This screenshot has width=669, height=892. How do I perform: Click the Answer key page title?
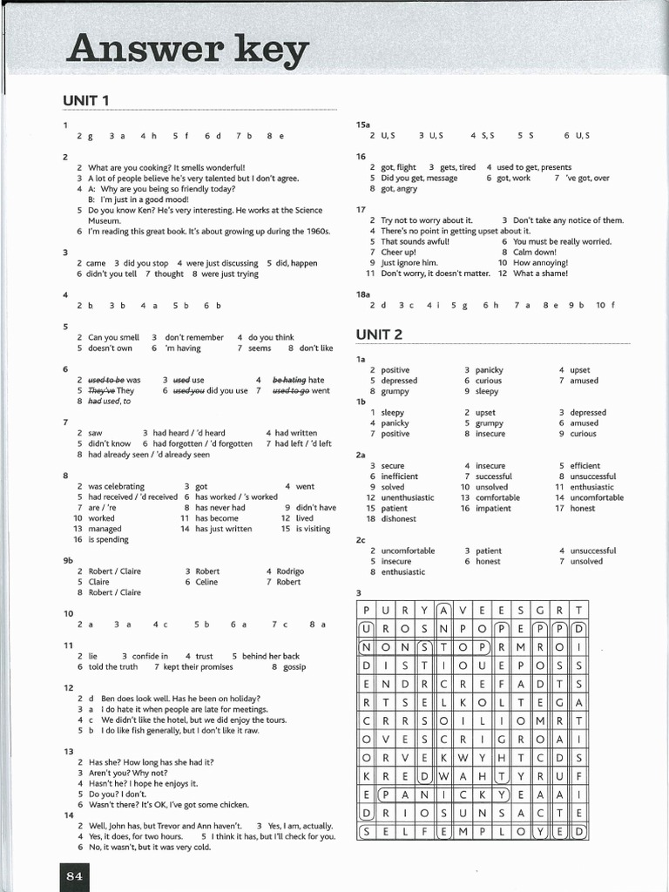pyautogui.click(x=186, y=51)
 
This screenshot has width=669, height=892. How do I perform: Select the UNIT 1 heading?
pyautogui.click(x=85, y=101)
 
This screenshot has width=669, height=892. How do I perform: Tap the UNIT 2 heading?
pyautogui.click(x=379, y=334)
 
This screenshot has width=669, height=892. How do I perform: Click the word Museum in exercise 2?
pyautogui.click(x=105, y=221)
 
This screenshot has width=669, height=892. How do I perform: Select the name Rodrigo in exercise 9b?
pyautogui.click(x=290, y=571)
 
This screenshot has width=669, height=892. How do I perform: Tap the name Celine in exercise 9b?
pyautogui.click(x=206, y=582)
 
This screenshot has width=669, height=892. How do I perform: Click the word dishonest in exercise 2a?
pyautogui.click(x=399, y=519)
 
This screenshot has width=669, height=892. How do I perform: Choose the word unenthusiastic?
pyautogui.click(x=408, y=498)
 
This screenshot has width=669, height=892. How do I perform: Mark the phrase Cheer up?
pyautogui.click(x=399, y=252)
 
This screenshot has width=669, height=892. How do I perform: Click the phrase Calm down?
pyautogui.click(x=535, y=252)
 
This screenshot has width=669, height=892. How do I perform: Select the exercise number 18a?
pyautogui.click(x=364, y=294)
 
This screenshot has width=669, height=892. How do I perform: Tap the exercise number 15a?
pyautogui.click(x=363, y=125)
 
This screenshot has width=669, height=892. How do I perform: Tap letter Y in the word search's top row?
pyautogui.click(x=424, y=610)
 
